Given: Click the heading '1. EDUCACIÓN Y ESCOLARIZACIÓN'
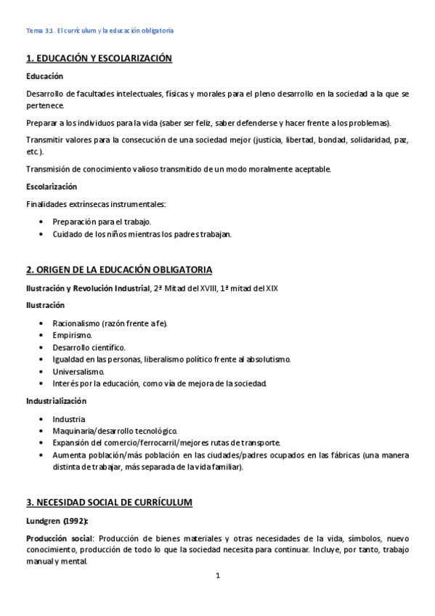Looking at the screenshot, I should [x=99, y=59].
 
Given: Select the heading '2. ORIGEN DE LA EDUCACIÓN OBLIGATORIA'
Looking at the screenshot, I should [x=119, y=270].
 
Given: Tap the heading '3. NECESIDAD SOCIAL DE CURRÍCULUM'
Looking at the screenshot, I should [x=109, y=502].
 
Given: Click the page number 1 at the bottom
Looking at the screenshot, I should [x=217, y=576].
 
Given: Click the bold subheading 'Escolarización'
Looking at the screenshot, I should [x=52, y=187].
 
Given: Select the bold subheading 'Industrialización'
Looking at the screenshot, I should [x=56, y=400].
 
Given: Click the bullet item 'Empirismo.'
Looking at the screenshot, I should [x=73, y=335].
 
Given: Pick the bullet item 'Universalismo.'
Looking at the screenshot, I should [x=78, y=370].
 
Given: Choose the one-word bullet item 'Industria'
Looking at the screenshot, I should [x=69, y=418].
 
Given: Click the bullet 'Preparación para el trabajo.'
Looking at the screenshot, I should [x=102, y=222].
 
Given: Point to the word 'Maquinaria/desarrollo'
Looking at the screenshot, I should [x=93, y=431].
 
